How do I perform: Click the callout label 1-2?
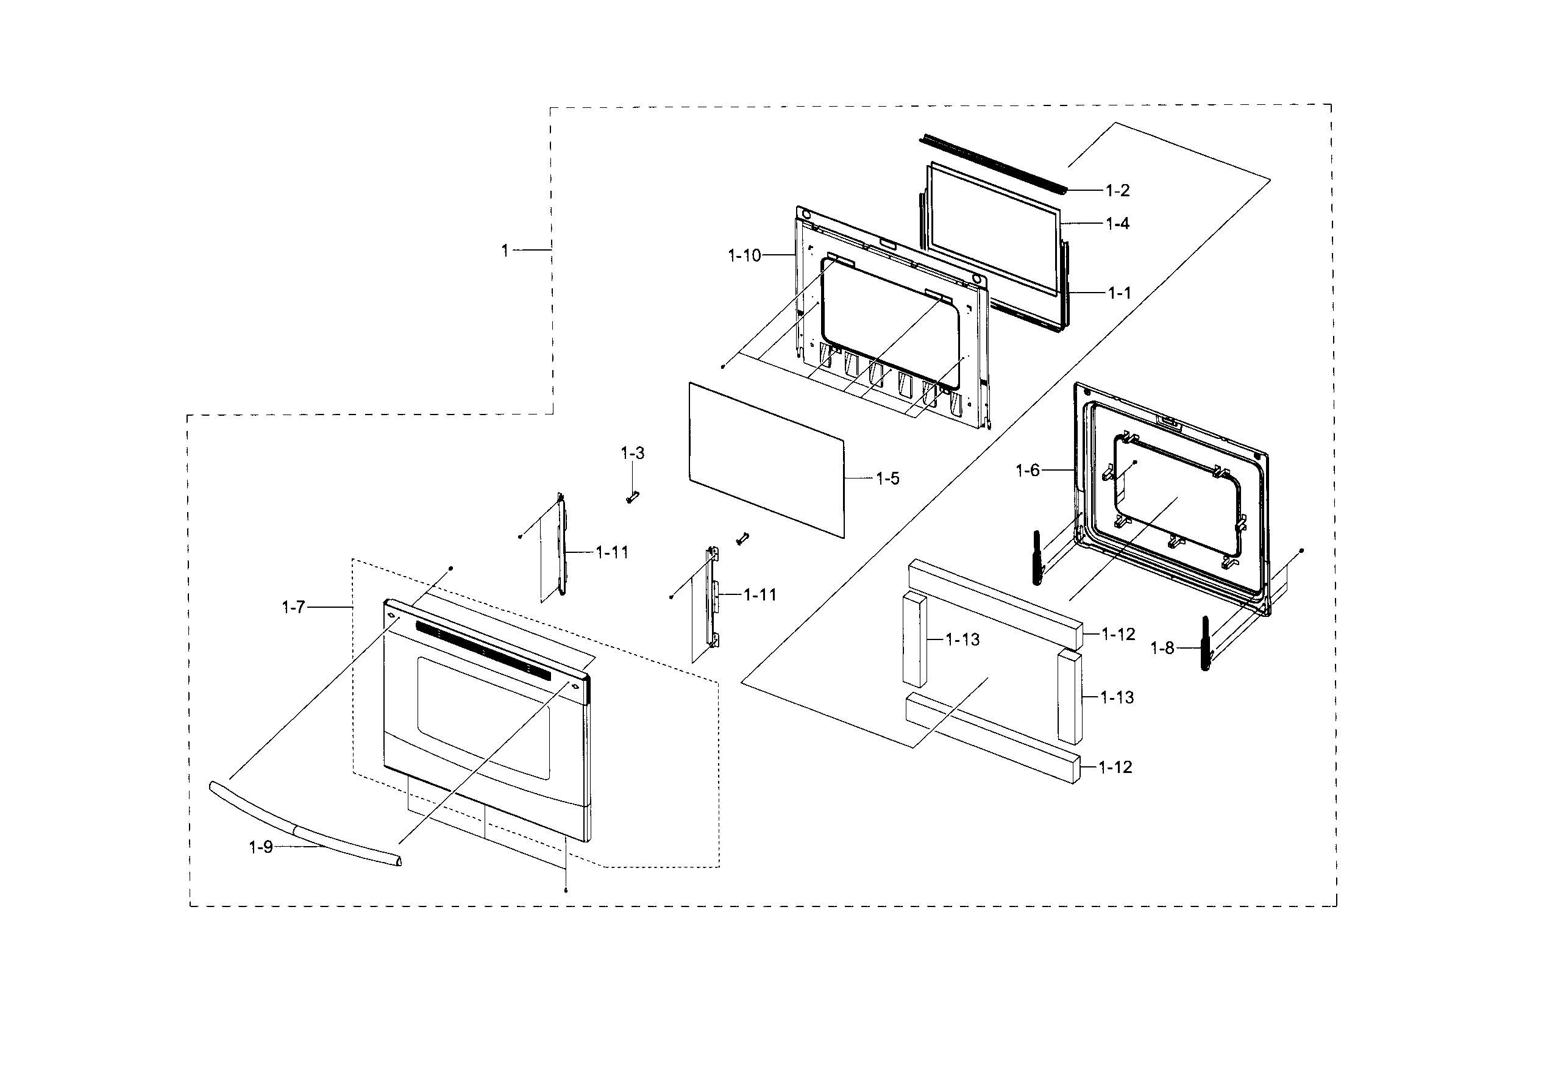[x=1117, y=191]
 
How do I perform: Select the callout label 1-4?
[x=1117, y=224]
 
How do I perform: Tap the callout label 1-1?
[x=1119, y=293]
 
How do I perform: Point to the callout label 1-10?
[x=745, y=255]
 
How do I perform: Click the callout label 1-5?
[x=887, y=479]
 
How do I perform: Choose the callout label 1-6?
[x=1028, y=471]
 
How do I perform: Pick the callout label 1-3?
[x=632, y=453]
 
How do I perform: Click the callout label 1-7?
[x=294, y=607]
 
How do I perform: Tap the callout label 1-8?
[x=1162, y=649]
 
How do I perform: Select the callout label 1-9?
[x=261, y=847]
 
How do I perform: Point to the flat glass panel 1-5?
[x=766, y=459]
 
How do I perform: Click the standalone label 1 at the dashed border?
[x=505, y=251]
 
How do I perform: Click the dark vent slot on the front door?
[x=483, y=649]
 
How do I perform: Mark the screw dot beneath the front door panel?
[x=566, y=891]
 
